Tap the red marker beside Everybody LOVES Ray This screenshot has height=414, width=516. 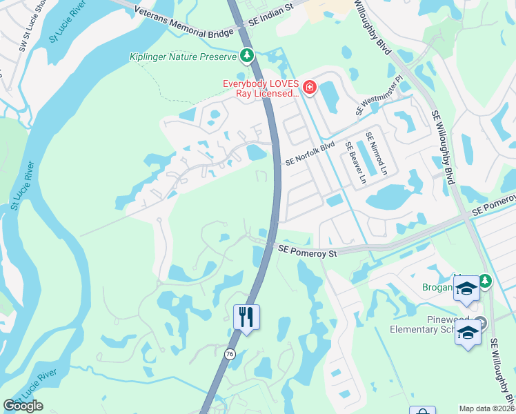(310, 88)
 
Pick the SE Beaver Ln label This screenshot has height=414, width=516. (355, 164)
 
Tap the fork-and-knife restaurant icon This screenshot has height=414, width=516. (246, 317)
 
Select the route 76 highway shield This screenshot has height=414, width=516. (229, 354)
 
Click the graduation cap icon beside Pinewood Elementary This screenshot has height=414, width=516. (467, 333)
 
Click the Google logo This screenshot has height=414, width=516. (23, 406)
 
